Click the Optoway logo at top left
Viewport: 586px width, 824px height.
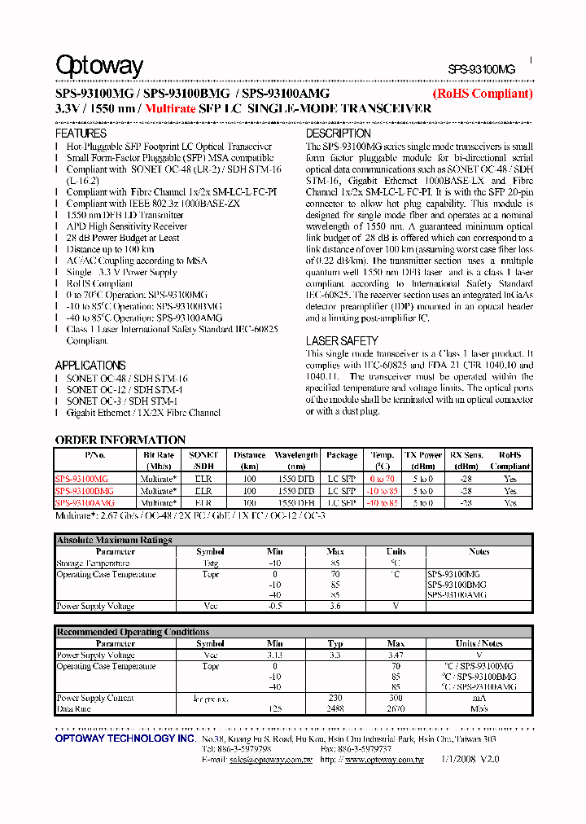99,66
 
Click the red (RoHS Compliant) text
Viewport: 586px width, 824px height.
482,94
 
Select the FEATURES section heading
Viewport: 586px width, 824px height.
81,133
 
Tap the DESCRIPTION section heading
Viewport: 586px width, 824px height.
338,133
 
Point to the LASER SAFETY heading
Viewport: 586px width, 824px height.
342,341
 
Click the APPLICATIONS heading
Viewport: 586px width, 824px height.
90,366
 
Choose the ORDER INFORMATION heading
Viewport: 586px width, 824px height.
120,440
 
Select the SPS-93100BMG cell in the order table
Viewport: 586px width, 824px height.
85,492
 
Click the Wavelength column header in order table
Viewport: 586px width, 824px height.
296,455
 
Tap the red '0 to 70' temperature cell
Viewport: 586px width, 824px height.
382,480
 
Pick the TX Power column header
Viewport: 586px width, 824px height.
423,455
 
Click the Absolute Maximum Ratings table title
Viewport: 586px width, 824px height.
114,540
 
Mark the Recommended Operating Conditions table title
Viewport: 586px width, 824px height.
133,632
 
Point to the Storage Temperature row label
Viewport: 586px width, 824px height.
93,563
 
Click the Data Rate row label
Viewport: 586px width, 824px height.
73,709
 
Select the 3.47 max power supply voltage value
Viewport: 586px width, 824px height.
396,655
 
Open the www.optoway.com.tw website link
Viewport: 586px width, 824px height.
384,760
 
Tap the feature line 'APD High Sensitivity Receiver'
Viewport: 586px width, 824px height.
127,226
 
